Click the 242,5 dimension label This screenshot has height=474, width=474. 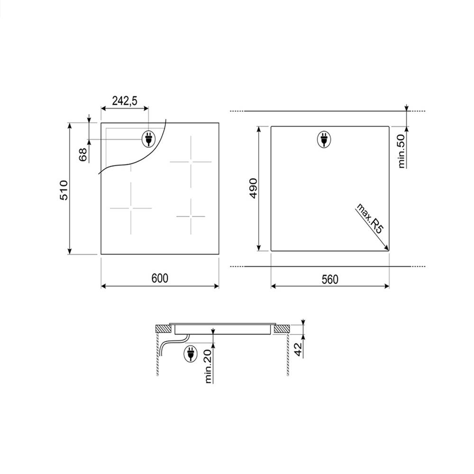pos(125,100)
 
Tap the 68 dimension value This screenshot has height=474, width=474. pos(83,155)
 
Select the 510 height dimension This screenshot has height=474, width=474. pos(64,190)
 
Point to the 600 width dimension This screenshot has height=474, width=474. pos(160,278)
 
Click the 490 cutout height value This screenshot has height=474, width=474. pos(253,189)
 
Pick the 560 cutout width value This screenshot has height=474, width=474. pos(330,280)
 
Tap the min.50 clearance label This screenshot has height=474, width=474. pos(401,151)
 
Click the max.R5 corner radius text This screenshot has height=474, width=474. pos(370,218)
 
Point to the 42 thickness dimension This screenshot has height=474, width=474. pos(298,350)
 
